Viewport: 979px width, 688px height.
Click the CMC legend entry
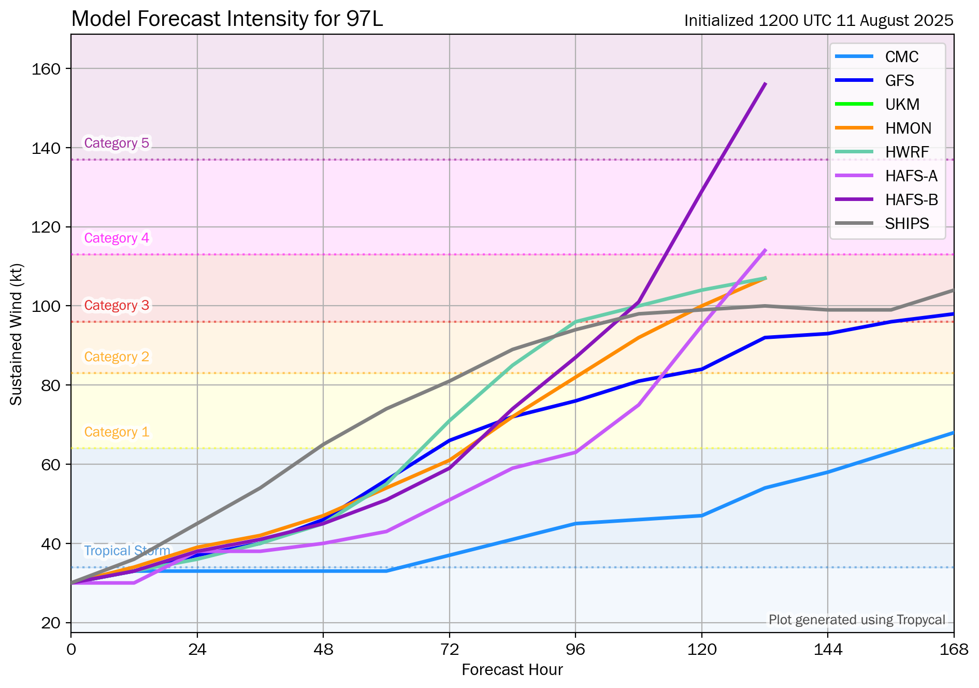[x=901, y=57]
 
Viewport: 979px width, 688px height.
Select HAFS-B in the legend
[x=911, y=200]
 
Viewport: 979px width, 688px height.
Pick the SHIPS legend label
[x=906, y=224]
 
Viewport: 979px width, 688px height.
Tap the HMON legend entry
[x=908, y=128]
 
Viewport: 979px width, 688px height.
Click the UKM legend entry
[x=902, y=105]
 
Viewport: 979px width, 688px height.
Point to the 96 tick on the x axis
[x=575, y=649]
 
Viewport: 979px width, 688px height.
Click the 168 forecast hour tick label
[x=954, y=649]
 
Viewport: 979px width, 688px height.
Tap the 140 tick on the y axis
[x=46, y=148]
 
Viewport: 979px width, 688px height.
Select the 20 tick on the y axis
[x=51, y=623]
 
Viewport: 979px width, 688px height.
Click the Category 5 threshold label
[x=117, y=143]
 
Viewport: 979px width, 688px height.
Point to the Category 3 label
[x=117, y=306]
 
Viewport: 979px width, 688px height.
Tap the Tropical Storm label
[x=127, y=551]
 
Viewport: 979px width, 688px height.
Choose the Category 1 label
[x=117, y=432]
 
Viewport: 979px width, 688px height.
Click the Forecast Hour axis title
[x=512, y=670]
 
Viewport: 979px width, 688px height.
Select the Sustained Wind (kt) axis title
[x=17, y=335]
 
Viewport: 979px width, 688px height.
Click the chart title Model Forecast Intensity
[x=227, y=20]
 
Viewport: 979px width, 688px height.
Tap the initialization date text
[x=818, y=21]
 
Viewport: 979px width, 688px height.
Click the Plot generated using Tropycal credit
[x=857, y=620]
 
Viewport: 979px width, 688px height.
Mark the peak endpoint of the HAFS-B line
[x=765, y=83]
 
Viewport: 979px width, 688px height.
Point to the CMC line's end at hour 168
[x=953, y=433]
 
